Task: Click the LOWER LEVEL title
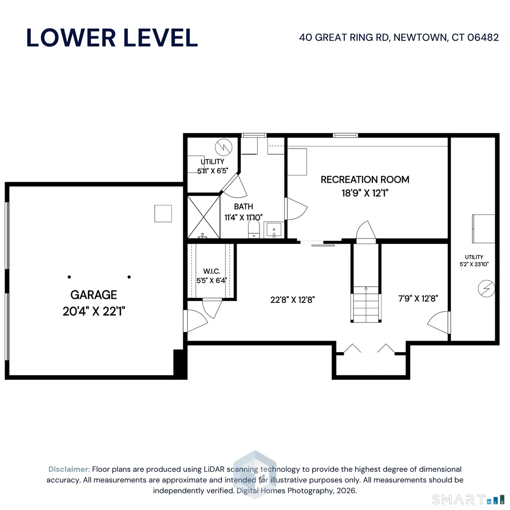tap(112, 38)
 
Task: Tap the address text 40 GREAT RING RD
tap(344, 37)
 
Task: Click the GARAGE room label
tap(94, 295)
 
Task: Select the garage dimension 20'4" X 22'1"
tap(94, 311)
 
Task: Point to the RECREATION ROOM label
tap(365, 180)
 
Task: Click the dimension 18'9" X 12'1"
tap(365, 193)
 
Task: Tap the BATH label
tap(243, 207)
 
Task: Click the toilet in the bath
tap(254, 230)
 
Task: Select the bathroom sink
tap(274, 230)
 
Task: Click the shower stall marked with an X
tap(204, 217)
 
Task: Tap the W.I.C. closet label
tap(211, 271)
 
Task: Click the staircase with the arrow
tap(366, 304)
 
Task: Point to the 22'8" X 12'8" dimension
tap(292, 300)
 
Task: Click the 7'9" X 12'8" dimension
tap(418, 298)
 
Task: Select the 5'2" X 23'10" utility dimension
tap(474, 264)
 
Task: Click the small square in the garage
tap(163, 214)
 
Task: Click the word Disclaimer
tap(69, 469)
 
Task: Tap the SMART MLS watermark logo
tap(469, 499)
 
